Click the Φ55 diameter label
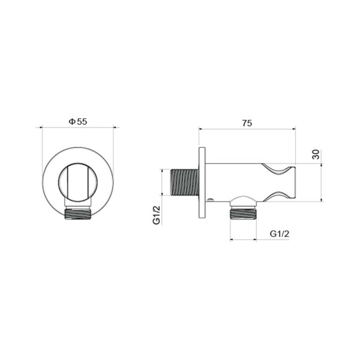[78, 121]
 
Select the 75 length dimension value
[247, 123]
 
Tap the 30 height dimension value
[316, 154]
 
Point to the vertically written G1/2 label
[157, 214]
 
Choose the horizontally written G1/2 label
[280, 233]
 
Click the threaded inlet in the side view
[184, 182]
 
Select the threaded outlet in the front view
[77, 212]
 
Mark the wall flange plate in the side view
[202, 182]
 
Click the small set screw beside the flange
[210, 199]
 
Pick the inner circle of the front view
[77, 181]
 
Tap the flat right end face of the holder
[295, 182]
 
